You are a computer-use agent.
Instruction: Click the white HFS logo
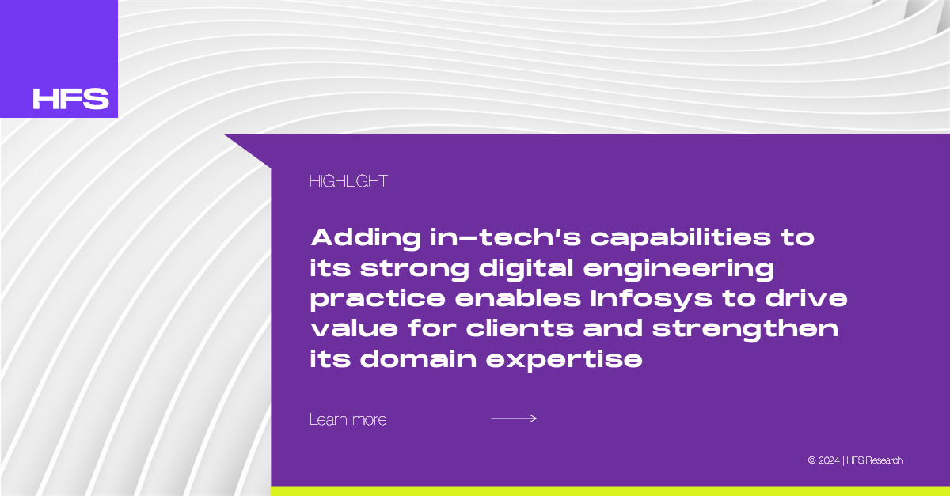click(x=70, y=99)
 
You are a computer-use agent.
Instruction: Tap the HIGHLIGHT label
click(x=348, y=181)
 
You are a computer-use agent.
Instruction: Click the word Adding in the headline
click(x=366, y=238)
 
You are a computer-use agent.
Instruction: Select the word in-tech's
click(x=506, y=237)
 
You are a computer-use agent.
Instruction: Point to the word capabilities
click(x=681, y=238)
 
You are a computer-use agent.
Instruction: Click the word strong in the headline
click(x=414, y=269)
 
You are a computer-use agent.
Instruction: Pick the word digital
click(x=526, y=269)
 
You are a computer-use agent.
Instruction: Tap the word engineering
click(x=678, y=269)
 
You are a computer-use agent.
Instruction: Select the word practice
click(x=378, y=299)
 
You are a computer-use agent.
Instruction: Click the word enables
click(x=518, y=298)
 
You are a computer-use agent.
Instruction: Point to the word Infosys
click(x=652, y=299)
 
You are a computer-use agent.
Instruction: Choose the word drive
click(x=806, y=298)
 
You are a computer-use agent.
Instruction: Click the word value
click(x=354, y=328)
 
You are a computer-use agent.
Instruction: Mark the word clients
click(x=519, y=328)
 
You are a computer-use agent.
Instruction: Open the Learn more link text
click(x=348, y=420)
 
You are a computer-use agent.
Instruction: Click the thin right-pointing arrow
click(x=514, y=418)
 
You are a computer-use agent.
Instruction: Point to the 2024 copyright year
click(x=828, y=460)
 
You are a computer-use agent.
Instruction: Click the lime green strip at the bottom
click(x=610, y=491)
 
